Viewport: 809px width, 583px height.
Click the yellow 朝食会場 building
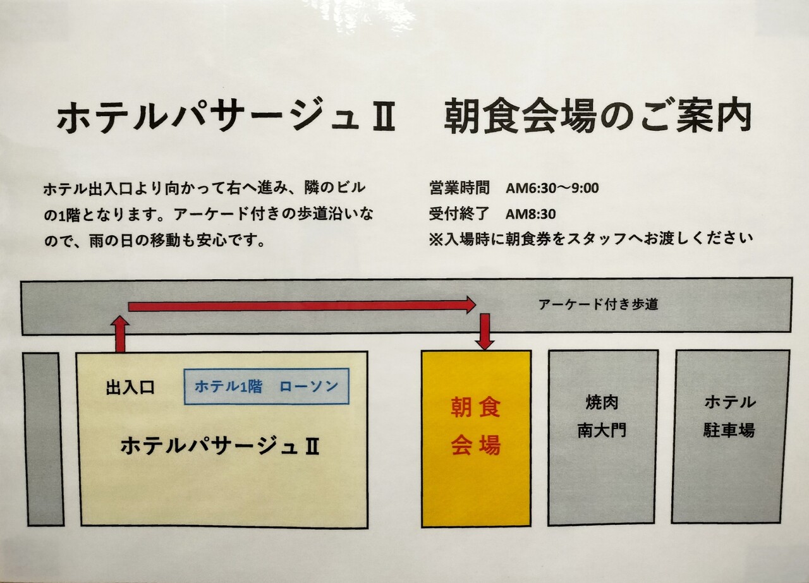coord(476,480)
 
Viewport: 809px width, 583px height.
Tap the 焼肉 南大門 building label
coord(602,416)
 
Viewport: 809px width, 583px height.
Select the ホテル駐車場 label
coord(729,416)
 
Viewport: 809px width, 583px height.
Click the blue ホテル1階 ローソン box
coord(266,387)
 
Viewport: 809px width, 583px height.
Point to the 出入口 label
coord(130,387)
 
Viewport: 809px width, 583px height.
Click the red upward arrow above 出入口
coord(119,334)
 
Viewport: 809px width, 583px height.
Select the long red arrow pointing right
coord(301,306)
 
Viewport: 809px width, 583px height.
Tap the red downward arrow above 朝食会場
coord(485,331)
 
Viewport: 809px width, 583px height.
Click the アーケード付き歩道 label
coord(598,304)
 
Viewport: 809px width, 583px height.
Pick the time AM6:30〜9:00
coord(552,188)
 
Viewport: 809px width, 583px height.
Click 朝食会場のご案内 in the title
coord(597,117)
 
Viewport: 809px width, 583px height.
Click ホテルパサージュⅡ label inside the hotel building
coord(219,447)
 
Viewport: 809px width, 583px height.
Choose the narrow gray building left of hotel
coord(43,439)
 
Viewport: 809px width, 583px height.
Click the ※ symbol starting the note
coord(435,239)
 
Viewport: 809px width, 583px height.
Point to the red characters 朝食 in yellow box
coord(475,408)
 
